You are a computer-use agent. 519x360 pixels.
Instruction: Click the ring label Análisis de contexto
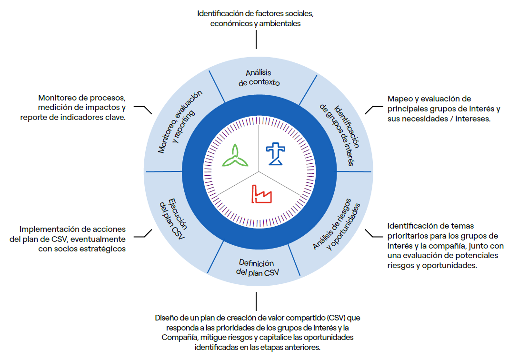(x=259, y=77)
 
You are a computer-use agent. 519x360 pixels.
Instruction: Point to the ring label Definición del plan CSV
(x=258, y=268)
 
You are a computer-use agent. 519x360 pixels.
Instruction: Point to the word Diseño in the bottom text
(x=167, y=317)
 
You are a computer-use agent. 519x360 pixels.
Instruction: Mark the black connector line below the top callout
(x=256, y=40)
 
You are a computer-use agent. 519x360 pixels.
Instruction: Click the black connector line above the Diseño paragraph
(x=256, y=301)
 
